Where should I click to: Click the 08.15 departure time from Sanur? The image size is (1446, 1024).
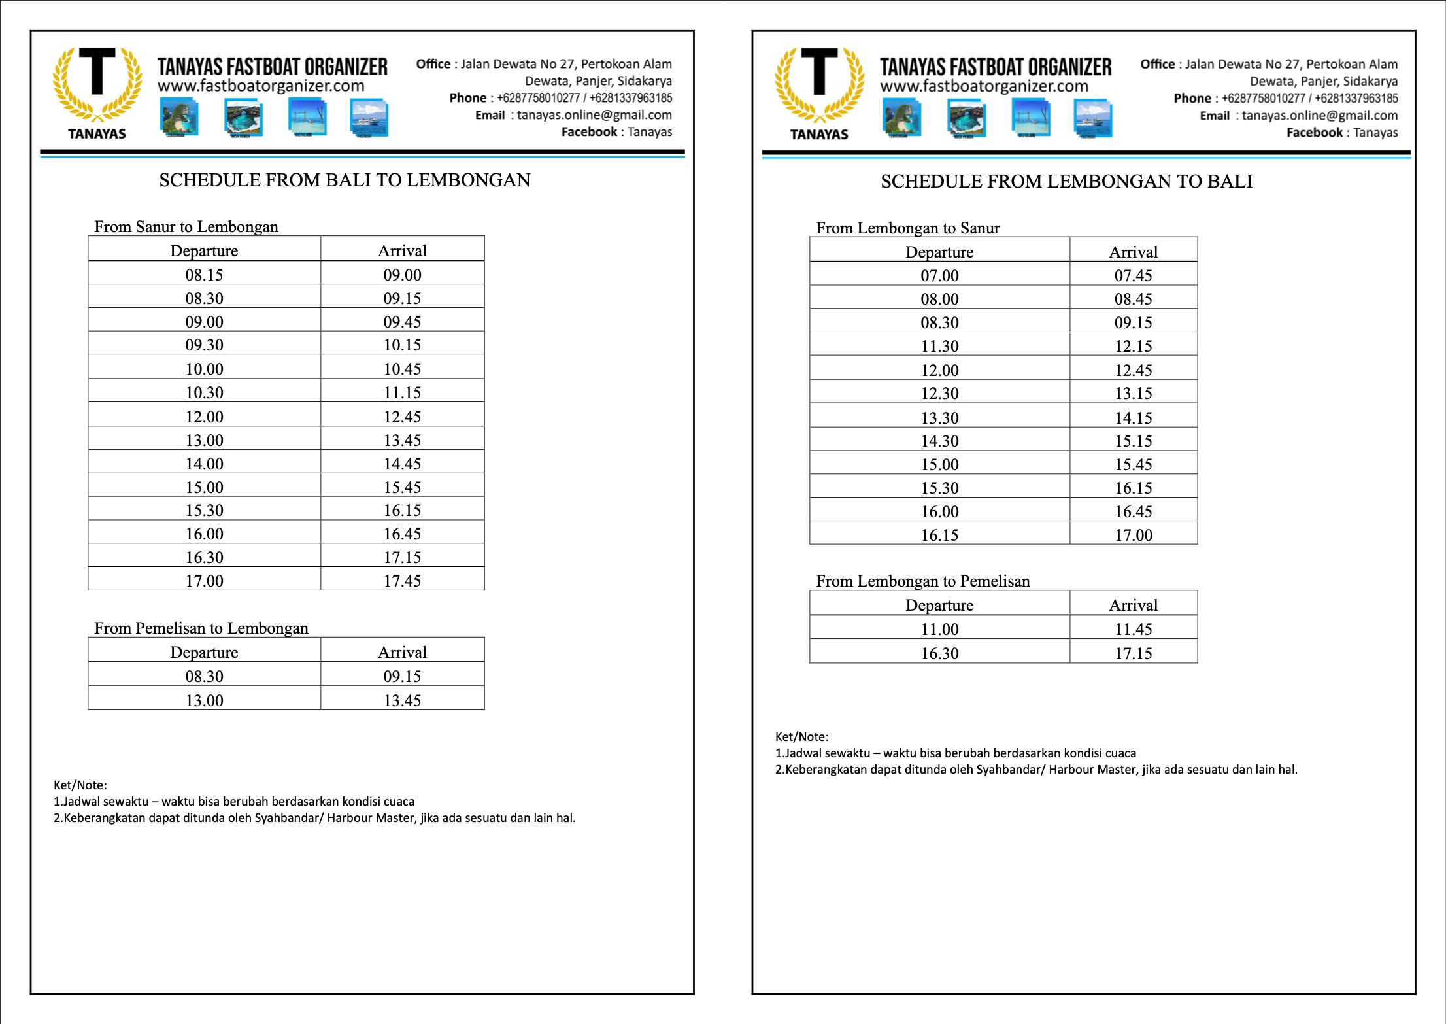click(x=204, y=275)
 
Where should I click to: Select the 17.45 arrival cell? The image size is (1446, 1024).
click(x=402, y=581)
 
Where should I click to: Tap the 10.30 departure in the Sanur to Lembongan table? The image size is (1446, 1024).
click(x=204, y=392)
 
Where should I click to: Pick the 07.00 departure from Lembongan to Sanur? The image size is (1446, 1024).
click(x=939, y=275)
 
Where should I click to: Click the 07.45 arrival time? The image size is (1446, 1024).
click(x=1133, y=275)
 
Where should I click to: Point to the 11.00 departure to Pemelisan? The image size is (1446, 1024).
click(x=939, y=629)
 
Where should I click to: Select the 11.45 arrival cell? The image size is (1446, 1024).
click(x=1133, y=629)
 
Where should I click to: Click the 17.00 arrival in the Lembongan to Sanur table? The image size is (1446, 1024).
click(x=1133, y=535)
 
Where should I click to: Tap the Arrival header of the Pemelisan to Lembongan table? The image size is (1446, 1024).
click(x=402, y=652)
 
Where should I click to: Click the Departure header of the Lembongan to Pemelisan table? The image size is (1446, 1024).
click(x=939, y=605)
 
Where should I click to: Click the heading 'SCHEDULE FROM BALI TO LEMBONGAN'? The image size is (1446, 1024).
click(x=345, y=180)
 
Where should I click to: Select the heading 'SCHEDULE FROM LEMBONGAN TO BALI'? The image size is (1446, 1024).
click(x=1066, y=181)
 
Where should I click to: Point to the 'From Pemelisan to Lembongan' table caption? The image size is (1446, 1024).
click(x=201, y=628)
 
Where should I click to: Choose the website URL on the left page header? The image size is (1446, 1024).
click(x=261, y=86)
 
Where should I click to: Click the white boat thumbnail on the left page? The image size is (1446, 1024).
click(x=369, y=118)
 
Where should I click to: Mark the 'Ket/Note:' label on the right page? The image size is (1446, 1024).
click(x=801, y=736)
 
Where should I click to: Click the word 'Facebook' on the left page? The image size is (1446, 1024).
click(x=589, y=131)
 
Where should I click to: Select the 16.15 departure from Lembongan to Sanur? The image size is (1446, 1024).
click(x=939, y=535)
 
